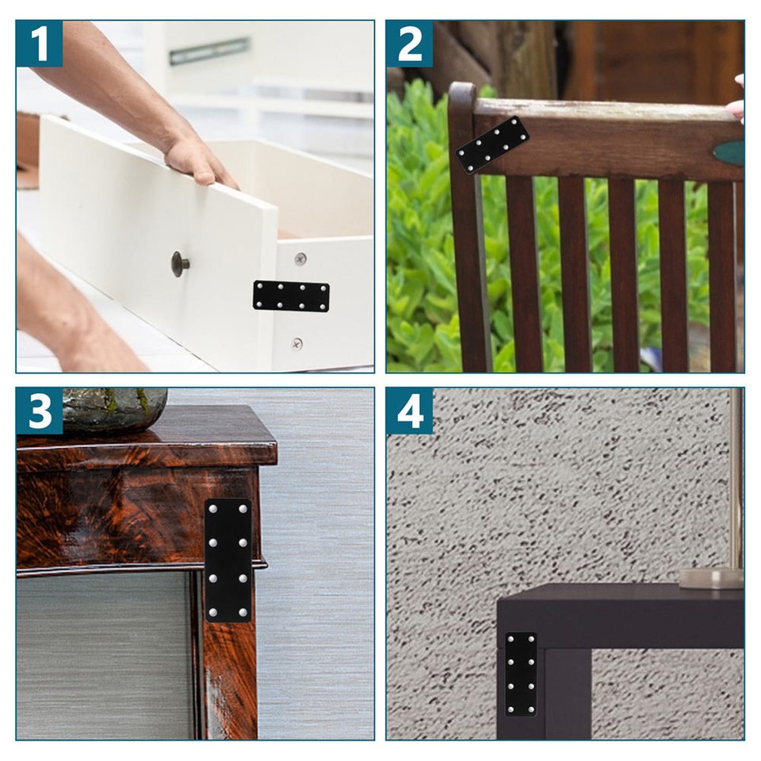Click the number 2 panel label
(x=409, y=44)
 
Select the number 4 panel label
(x=409, y=411)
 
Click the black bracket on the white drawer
(x=291, y=296)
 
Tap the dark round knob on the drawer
(x=180, y=264)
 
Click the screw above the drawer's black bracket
(x=300, y=258)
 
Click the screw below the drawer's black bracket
(x=296, y=343)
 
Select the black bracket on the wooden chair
(x=491, y=144)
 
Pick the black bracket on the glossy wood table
(x=228, y=560)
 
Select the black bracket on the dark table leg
(x=521, y=673)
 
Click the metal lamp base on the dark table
(x=711, y=578)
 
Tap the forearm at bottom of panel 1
(x=71, y=317)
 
